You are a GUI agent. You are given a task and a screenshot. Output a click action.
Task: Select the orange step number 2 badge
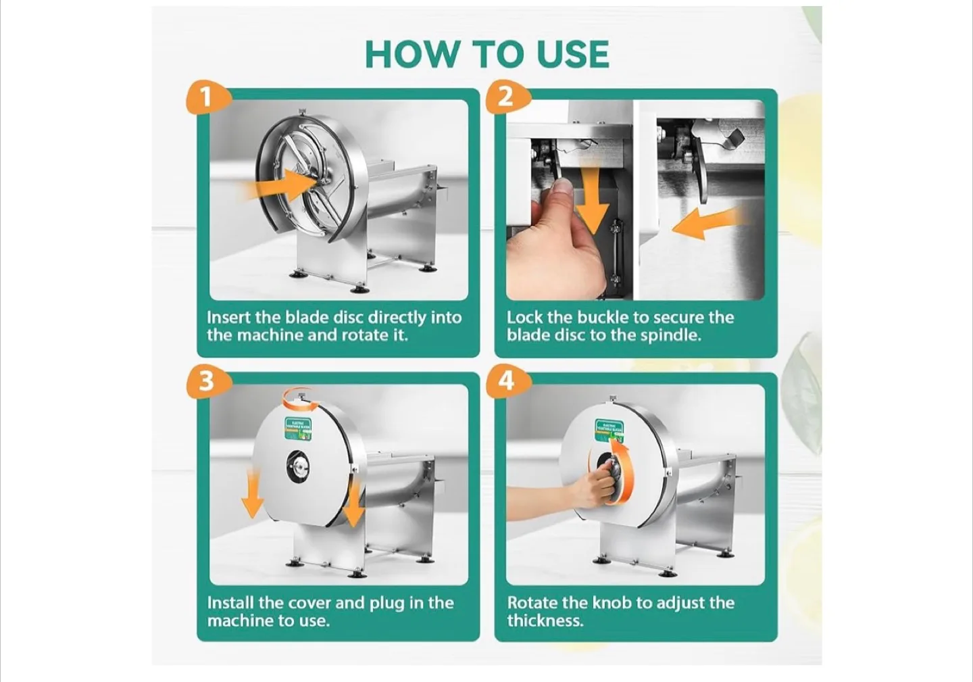coord(505,97)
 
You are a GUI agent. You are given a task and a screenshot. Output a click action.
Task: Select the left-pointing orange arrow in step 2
coord(706,224)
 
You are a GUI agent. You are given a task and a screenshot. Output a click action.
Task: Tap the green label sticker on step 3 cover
coord(297,429)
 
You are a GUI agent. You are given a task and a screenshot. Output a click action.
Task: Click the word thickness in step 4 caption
coord(545,620)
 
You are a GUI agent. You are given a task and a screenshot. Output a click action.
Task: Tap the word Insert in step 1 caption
coord(228,318)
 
